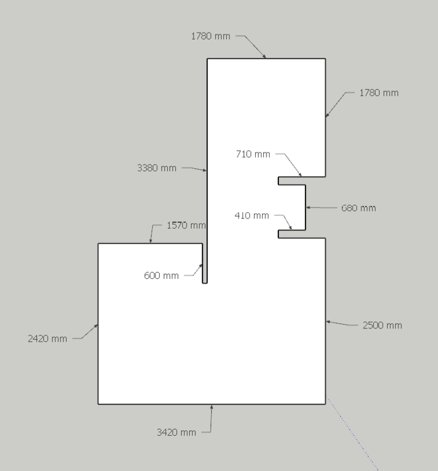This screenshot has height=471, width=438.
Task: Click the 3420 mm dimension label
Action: point(176,432)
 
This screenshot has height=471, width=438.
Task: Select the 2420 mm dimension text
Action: point(47,338)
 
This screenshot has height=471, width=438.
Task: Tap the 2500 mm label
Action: point(382,325)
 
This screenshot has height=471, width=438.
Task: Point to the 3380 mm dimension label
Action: point(156,168)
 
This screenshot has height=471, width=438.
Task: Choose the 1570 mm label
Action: point(186,225)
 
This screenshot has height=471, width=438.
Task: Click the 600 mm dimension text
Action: point(161,276)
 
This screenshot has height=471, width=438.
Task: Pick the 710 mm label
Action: point(253,154)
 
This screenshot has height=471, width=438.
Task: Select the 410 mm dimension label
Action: point(251,215)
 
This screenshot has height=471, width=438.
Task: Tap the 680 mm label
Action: point(358,208)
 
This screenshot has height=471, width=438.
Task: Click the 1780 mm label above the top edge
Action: point(211,36)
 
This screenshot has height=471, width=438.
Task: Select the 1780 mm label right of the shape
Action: point(379,93)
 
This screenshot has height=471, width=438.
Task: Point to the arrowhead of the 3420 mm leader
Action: point(212,406)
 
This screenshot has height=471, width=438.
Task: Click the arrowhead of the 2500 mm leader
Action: point(327,322)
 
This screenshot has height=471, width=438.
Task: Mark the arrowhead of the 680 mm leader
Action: point(307,207)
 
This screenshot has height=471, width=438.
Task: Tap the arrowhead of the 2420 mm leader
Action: point(97,325)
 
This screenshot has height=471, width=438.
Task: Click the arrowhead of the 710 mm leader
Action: point(301,175)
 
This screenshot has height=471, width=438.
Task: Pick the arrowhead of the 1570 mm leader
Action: point(151,242)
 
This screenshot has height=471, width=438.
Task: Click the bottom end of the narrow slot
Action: point(205,283)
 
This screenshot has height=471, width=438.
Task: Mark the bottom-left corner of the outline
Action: point(99,403)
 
